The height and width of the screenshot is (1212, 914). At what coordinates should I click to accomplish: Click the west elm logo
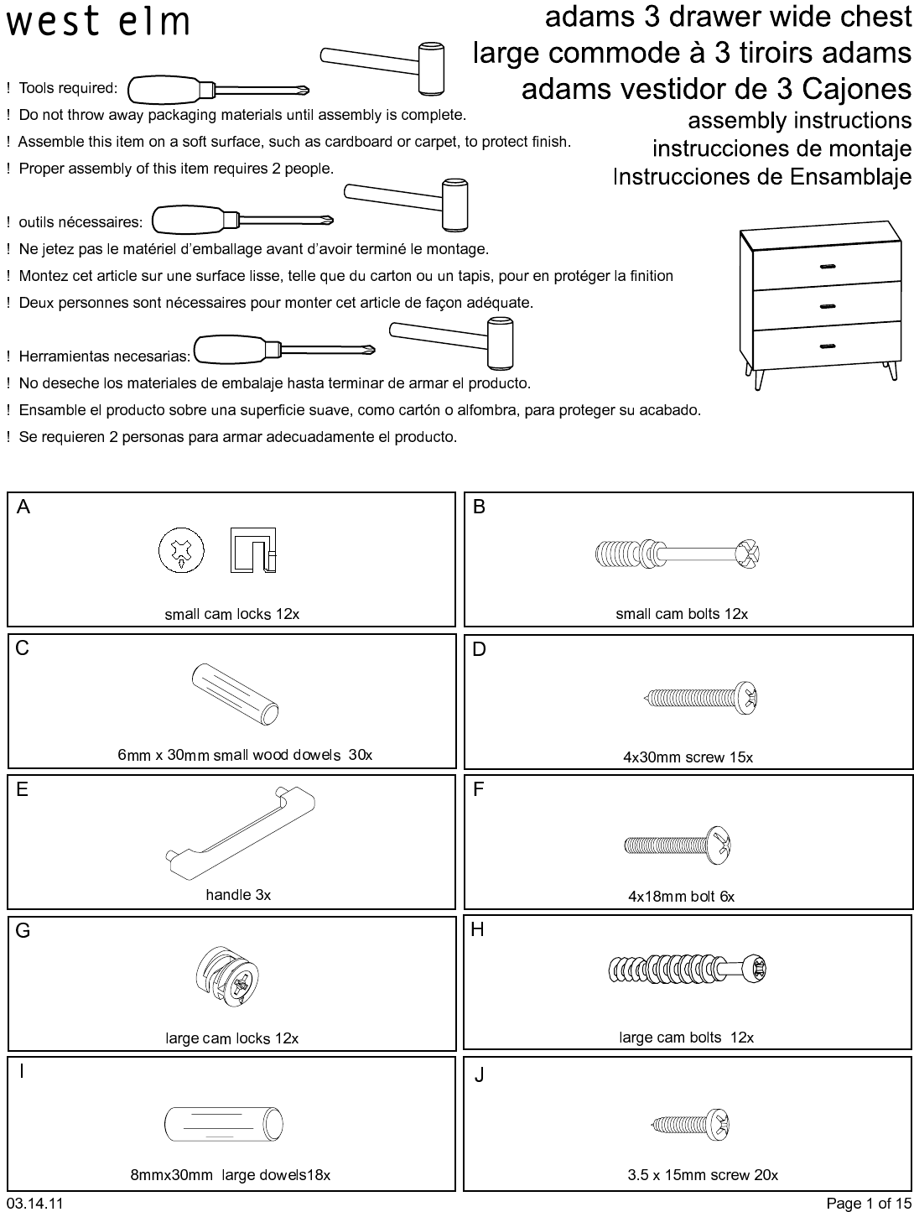point(98,22)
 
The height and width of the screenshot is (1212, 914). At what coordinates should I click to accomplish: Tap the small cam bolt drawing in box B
point(677,554)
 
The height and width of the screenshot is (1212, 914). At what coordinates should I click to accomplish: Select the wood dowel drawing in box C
point(235,694)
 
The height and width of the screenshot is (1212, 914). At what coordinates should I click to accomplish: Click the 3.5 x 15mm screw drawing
point(690,1124)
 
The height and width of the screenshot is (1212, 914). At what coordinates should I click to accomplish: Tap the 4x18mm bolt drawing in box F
point(678,845)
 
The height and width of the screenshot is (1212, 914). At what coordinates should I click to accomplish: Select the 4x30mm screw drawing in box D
point(701,698)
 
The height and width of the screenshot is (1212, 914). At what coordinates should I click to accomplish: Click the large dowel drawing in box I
point(224,1124)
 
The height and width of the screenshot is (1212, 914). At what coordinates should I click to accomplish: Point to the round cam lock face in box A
point(181,550)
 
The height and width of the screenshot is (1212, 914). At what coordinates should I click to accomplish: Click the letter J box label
point(479,1074)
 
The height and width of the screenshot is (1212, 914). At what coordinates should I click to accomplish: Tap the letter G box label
point(23,931)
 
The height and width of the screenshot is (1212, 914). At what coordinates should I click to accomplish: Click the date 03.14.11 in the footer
point(34,1203)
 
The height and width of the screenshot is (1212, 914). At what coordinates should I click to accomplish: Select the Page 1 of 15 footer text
point(869,1203)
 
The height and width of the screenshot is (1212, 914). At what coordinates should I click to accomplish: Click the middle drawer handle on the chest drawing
point(828,306)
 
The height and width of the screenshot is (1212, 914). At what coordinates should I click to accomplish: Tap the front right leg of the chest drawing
point(892,371)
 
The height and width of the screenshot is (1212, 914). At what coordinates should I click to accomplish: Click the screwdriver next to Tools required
point(218,90)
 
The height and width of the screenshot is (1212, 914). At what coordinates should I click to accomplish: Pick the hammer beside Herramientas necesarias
point(451,342)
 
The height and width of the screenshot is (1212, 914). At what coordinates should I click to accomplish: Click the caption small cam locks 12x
point(231,614)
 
